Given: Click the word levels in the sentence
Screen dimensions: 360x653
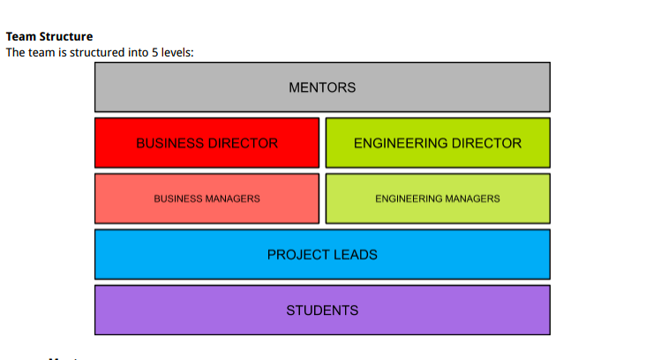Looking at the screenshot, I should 176,52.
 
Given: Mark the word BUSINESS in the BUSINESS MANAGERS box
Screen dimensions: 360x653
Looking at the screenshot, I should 179,199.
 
